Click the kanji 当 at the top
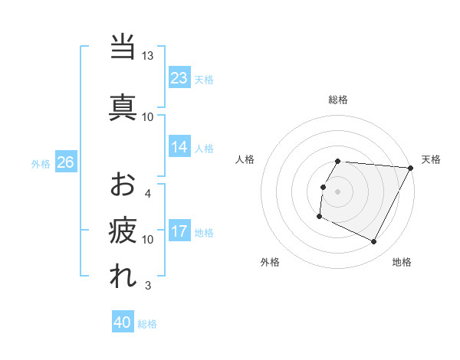(123, 47)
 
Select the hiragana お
(123, 184)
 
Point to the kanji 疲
(123, 229)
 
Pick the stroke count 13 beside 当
(148, 56)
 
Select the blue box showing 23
(179, 78)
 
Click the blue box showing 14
(179, 147)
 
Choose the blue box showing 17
(179, 231)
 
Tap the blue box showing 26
(65, 162)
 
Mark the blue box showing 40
(123, 323)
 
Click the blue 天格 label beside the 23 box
(204, 80)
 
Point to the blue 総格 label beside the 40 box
(147, 324)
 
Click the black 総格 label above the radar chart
(338, 100)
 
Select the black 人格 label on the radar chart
(245, 159)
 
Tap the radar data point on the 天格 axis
(411, 168)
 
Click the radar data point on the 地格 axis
(374, 242)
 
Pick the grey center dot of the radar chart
(338, 191)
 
